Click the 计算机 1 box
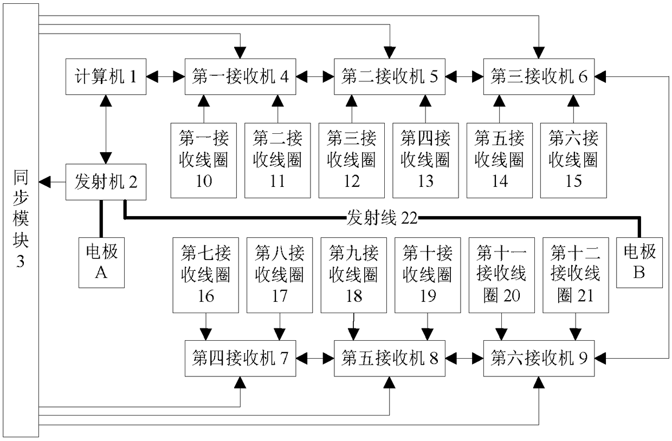(105, 77)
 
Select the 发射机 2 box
(105, 181)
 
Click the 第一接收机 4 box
(240, 77)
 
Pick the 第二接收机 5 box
(390, 77)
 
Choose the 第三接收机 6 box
(539, 77)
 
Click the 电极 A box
(101, 262)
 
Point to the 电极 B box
(639, 262)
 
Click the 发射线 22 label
(381, 218)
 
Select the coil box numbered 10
(203, 160)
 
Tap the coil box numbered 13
(425, 160)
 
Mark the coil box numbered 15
(573, 160)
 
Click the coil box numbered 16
(205, 275)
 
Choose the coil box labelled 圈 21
(576, 275)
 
